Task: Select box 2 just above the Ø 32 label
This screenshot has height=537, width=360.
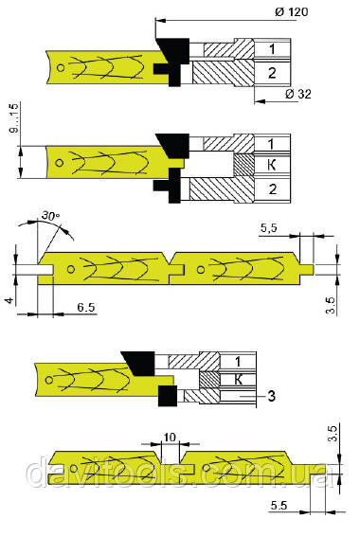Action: pyautogui.click(x=270, y=73)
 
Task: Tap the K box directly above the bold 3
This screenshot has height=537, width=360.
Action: pyautogui.click(x=240, y=379)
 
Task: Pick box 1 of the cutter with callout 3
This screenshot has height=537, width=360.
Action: pyautogui.click(x=240, y=362)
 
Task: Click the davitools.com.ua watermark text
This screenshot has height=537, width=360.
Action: pyautogui.click(x=180, y=471)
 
